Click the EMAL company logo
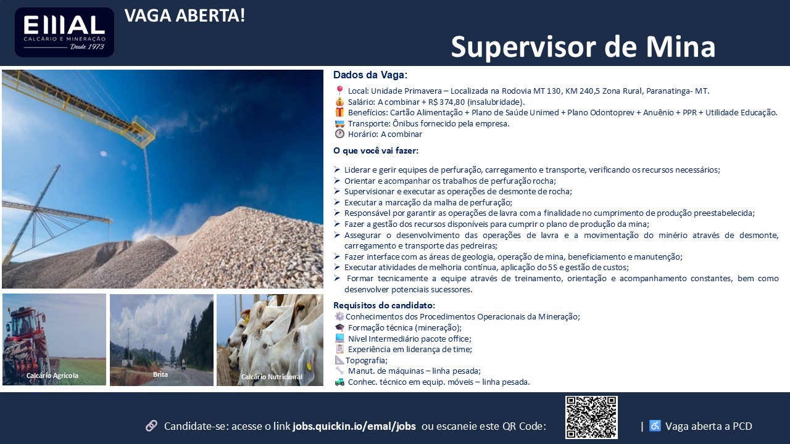pos(64,33)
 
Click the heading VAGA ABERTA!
pos(185,16)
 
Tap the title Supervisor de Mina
pos(583,47)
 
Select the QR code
pos(591,417)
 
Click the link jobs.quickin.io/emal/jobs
pos(354,426)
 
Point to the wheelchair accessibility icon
pos(655,425)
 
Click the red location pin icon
pos(339,91)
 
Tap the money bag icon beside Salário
pos(339,102)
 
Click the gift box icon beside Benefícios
pos(339,112)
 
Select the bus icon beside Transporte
pos(339,124)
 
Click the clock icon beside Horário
pos(339,134)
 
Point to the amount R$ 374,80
pos(446,102)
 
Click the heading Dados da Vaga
pos(370,75)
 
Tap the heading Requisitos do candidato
pos(385,305)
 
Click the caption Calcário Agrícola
pos(52,376)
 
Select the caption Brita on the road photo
pos(160,374)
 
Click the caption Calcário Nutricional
pos(272,377)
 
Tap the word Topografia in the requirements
pos(366,361)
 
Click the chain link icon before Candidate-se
pos(152,425)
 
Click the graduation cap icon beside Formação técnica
pos(339,327)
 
